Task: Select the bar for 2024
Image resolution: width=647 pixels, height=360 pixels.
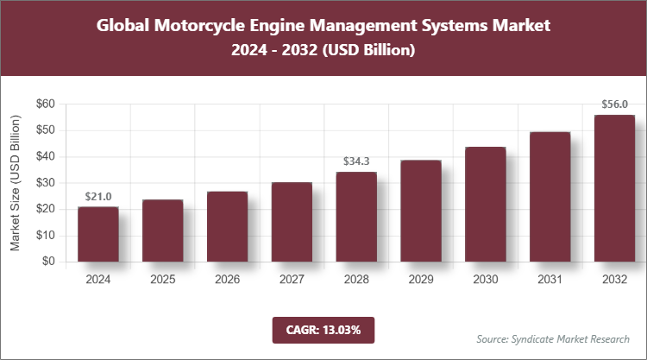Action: (x=97, y=234)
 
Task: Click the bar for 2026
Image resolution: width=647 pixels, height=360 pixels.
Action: (x=227, y=226)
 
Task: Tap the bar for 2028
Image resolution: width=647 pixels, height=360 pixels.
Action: (x=356, y=217)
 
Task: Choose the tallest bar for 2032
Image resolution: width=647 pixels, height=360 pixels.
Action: (x=614, y=188)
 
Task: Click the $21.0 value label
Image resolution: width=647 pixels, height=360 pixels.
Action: (x=97, y=197)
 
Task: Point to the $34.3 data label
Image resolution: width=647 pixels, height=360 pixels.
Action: (x=356, y=161)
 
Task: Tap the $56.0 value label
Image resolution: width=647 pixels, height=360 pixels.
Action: (x=614, y=104)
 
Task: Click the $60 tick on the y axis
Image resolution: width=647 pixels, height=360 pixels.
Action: (x=45, y=104)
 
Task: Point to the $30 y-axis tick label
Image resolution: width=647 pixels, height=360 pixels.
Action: (x=45, y=183)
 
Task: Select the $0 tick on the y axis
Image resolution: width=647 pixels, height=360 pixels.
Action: (x=48, y=262)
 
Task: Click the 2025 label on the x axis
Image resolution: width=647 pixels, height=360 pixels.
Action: (x=162, y=280)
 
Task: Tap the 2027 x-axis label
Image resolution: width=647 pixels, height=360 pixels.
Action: (x=292, y=280)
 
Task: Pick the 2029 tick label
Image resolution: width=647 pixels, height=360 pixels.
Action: (x=421, y=280)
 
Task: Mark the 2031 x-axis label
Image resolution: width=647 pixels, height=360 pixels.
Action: (x=550, y=280)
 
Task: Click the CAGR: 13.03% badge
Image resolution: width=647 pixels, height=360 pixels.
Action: (x=323, y=330)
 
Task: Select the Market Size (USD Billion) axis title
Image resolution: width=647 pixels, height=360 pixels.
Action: (x=15, y=182)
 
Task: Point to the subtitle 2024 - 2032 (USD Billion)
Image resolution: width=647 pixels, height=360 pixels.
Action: (x=323, y=51)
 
